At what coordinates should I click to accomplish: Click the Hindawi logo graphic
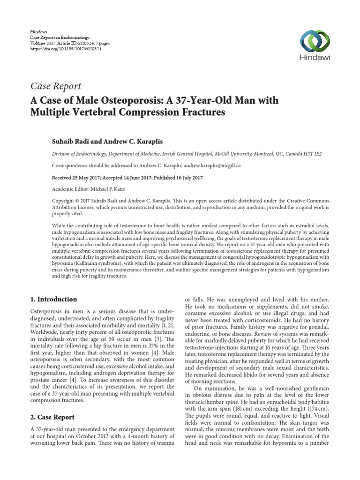312,41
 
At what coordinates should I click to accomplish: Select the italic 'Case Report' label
56,86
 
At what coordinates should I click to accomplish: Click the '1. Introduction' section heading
54,299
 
